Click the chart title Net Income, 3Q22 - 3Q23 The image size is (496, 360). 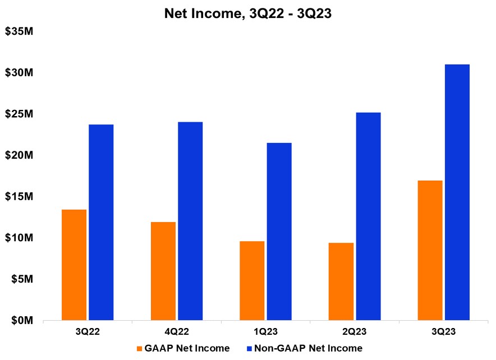pos(248,13)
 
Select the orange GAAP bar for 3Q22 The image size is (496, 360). pos(74,265)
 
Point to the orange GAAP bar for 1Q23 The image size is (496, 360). pos(252,280)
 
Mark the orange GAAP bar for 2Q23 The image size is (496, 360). pos(341,281)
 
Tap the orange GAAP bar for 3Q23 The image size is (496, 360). pos(430,250)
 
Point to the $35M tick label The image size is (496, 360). pos(20,31)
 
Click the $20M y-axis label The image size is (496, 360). pos(20,155)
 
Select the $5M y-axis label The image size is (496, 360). pos(22,279)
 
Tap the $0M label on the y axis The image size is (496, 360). pos(22,320)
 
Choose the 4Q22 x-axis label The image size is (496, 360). pos(177,331)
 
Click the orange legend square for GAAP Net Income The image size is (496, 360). pos(139,349)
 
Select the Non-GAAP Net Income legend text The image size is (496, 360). pos(308,348)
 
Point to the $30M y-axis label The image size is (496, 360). pos(20,73)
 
